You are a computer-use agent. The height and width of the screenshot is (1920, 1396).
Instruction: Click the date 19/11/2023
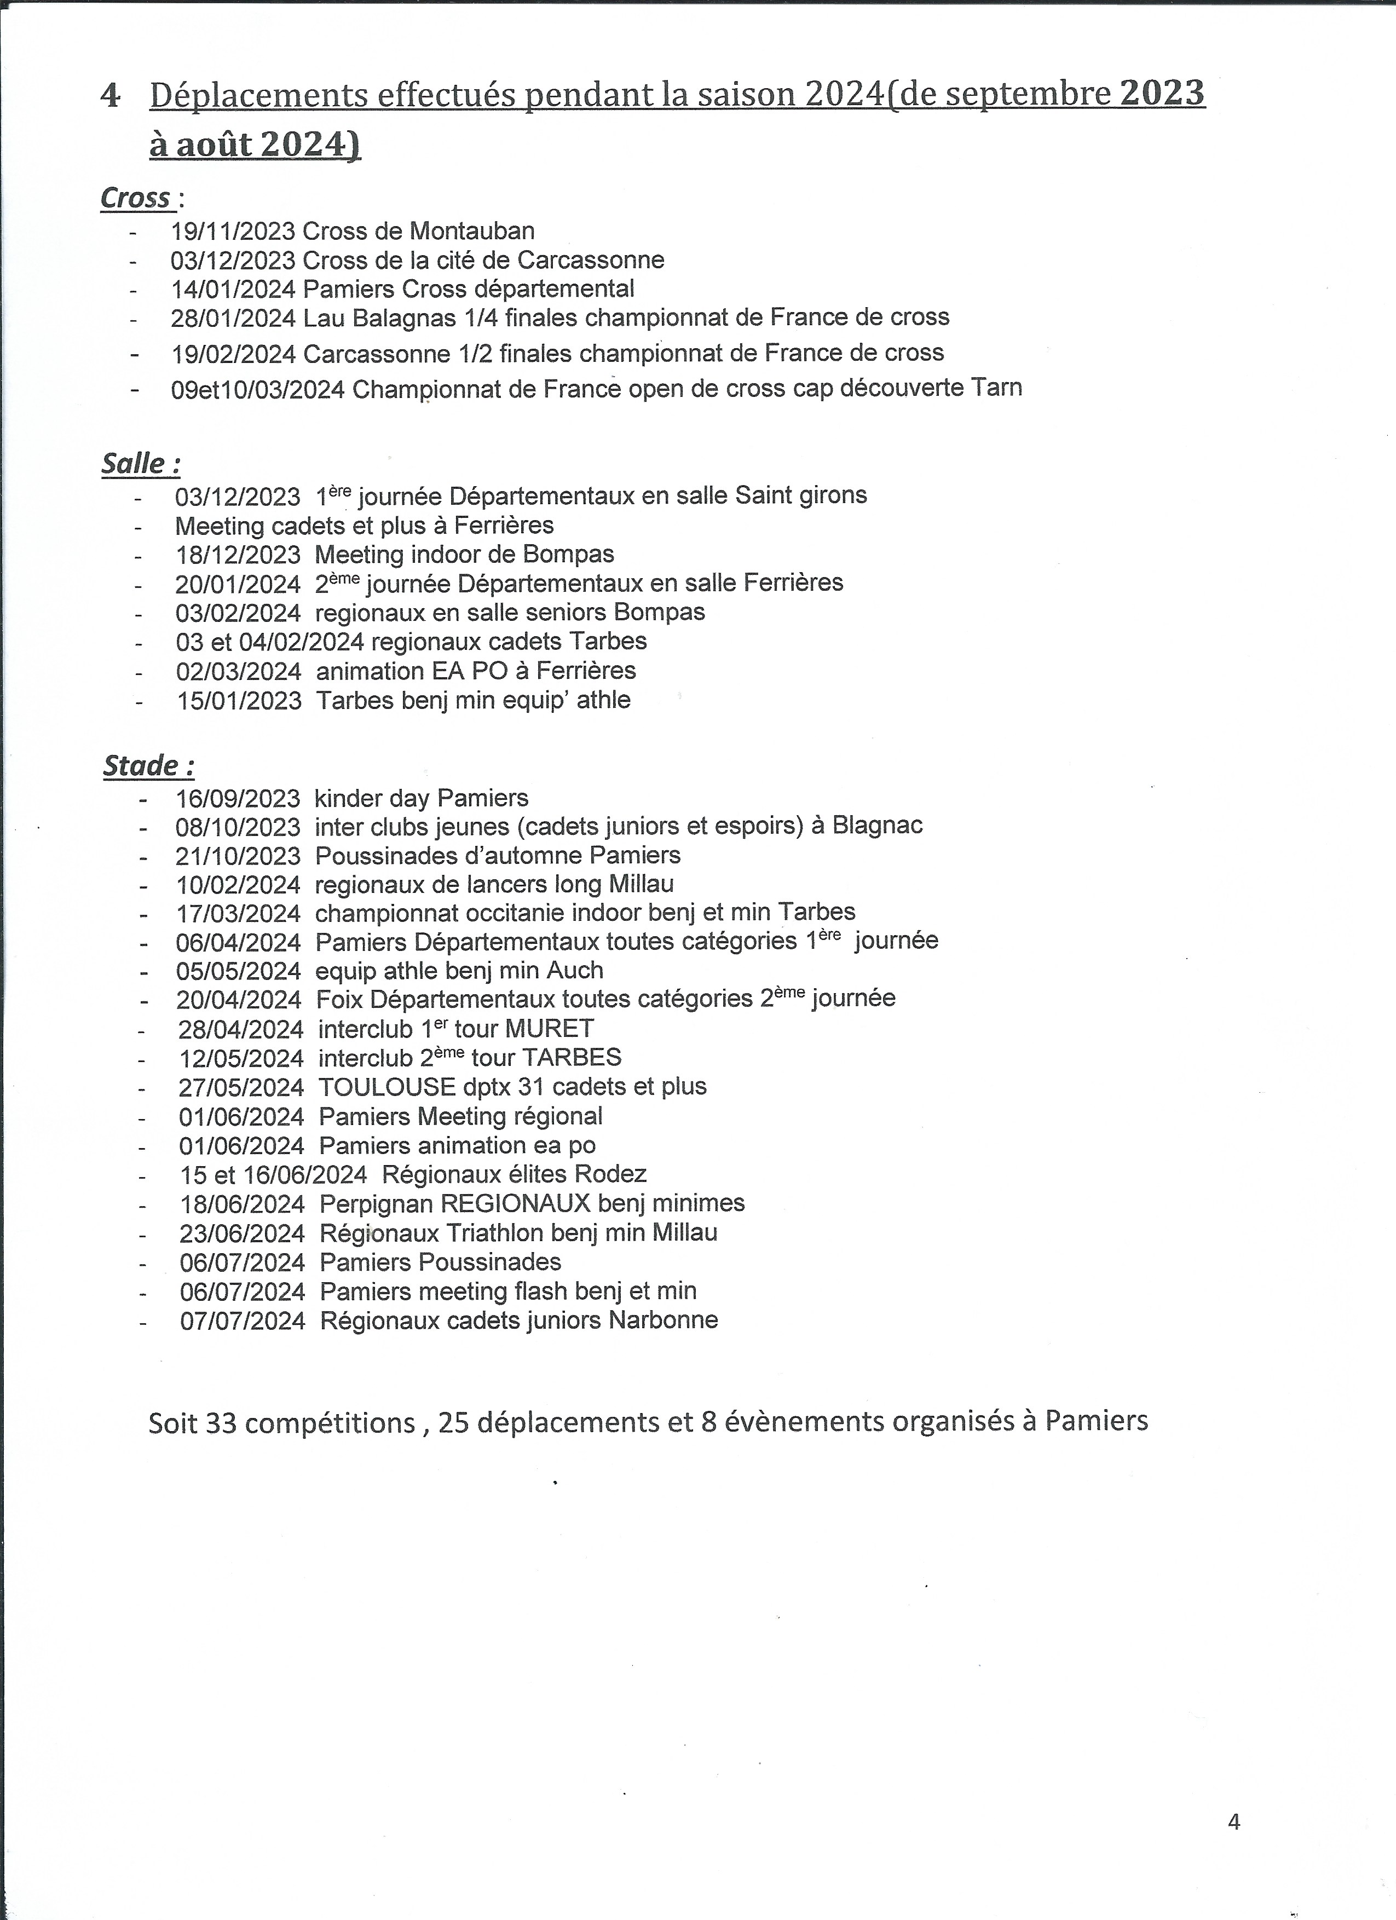point(233,231)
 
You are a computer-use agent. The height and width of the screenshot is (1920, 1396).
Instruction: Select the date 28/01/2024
point(233,318)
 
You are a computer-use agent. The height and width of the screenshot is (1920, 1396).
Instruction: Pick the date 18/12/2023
point(238,555)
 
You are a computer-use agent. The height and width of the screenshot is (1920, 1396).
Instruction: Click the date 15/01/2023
point(240,701)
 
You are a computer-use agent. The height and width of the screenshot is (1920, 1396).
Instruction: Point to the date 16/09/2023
point(238,798)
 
